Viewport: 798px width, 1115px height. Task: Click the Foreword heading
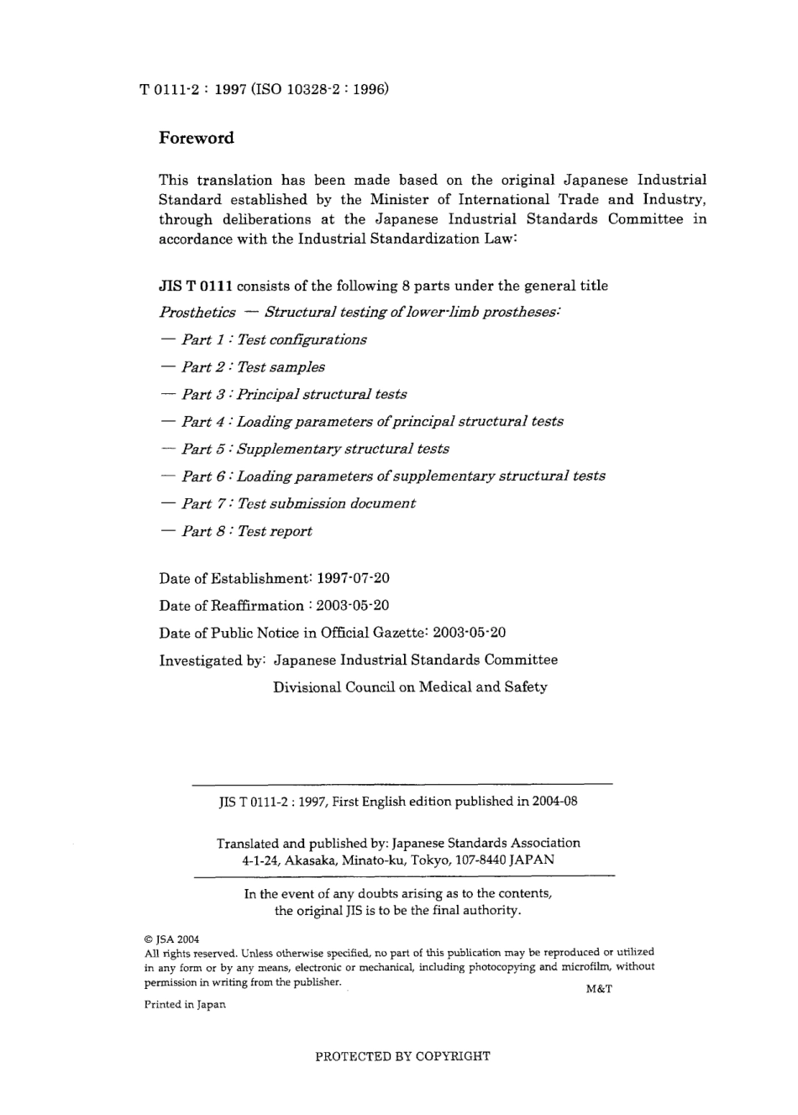(197, 139)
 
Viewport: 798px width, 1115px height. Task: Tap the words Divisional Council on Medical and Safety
(410, 686)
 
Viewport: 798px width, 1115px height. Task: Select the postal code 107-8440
(480, 860)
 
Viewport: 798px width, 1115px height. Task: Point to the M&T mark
(598, 988)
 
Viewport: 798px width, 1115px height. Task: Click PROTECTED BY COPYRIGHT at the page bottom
(402, 1056)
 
